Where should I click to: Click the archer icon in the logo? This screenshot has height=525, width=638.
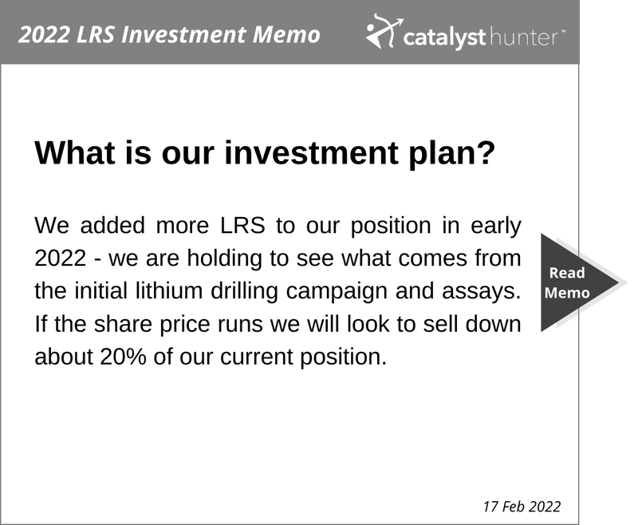(384, 31)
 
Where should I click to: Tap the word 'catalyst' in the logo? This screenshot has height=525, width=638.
(444, 37)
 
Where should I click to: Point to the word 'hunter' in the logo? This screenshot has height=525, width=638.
(524, 37)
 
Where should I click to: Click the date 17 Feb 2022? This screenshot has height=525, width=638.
(522, 507)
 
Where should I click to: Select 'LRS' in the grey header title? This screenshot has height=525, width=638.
(96, 34)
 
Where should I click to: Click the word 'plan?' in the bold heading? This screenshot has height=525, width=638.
(451, 154)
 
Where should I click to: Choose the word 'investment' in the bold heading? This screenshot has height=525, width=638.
(312, 152)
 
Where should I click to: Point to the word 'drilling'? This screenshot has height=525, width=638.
(244, 291)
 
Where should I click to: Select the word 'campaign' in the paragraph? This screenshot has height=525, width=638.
(337, 292)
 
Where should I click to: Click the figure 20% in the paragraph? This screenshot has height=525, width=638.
(123, 357)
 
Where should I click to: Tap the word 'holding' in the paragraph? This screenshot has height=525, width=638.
(224, 259)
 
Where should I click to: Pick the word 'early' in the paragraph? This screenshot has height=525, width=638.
(495, 227)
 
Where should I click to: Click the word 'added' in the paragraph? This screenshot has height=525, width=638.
(112, 226)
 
